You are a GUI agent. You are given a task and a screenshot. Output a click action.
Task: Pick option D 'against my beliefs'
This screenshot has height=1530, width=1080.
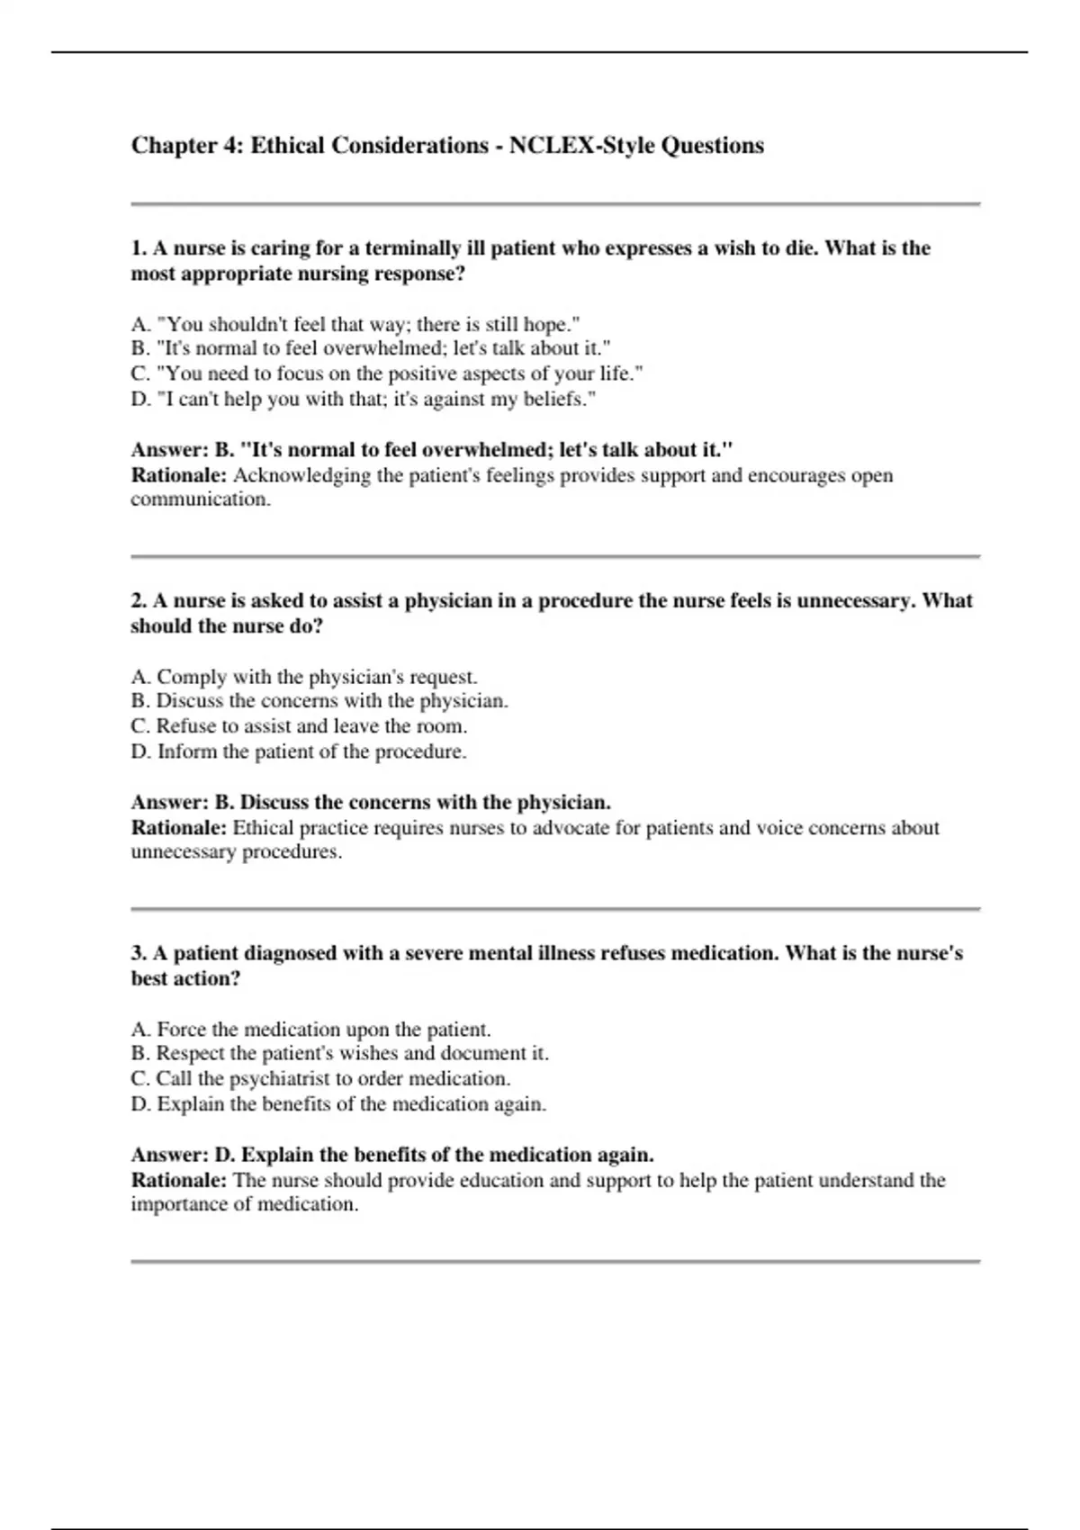pos(364,400)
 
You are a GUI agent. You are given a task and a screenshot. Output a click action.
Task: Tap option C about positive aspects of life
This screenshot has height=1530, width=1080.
pos(387,374)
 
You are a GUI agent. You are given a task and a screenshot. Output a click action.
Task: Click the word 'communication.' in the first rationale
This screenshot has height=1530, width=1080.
pos(200,500)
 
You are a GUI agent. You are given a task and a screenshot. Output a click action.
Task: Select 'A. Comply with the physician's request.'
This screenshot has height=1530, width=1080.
pos(304,677)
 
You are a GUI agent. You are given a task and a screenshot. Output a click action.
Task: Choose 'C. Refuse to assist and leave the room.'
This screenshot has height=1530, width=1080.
pos(299,726)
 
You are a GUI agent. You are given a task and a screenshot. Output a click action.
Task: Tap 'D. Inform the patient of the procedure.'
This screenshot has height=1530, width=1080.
pos(299,751)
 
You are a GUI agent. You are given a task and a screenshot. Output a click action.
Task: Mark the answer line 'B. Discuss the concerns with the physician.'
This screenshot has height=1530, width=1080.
pos(371,802)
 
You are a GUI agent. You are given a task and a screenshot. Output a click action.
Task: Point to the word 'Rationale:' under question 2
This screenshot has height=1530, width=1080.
pos(178,828)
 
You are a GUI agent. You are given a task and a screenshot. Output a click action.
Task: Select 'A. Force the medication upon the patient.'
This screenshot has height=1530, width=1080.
pos(310,1030)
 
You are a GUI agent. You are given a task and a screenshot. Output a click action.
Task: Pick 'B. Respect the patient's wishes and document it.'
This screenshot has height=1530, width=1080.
pos(339,1054)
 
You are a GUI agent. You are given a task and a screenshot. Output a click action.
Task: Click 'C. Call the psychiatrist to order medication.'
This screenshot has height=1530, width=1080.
pos(320,1079)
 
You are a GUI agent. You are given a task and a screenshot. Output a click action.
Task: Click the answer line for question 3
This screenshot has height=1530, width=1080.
pos(392,1155)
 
